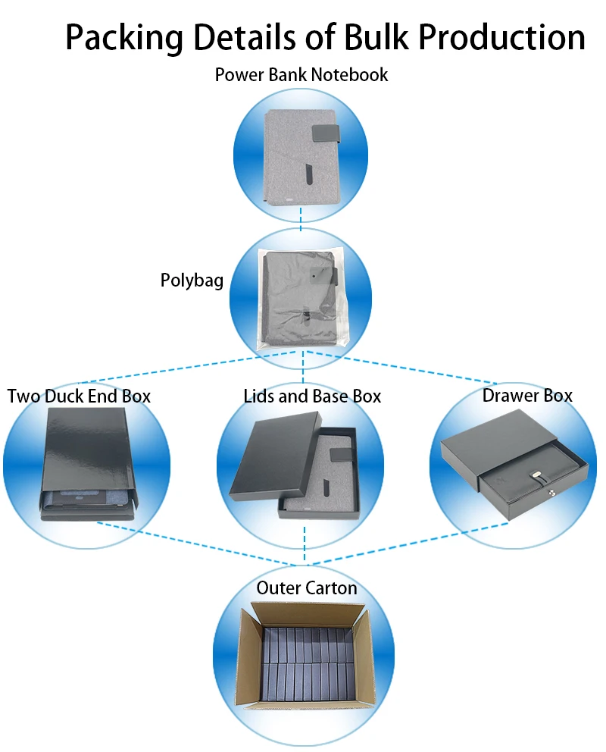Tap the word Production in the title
click(x=501, y=37)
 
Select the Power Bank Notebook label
click(x=301, y=75)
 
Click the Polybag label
click(x=192, y=280)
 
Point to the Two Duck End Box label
click(x=79, y=396)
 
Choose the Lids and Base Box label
click(x=312, y=396)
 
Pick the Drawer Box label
click(x=527, y=396)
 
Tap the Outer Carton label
click(x=307, y=588)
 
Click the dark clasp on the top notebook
click(x=326, y=134)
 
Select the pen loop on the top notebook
click(x=310, y=175)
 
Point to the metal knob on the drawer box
click(x=551, y=492)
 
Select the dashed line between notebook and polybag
click(x=301, y=219)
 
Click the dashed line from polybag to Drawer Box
click(x=401, y=368)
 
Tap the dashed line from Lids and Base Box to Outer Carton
click(x=305, y=544)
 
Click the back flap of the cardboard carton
click(x=308, y=613)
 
